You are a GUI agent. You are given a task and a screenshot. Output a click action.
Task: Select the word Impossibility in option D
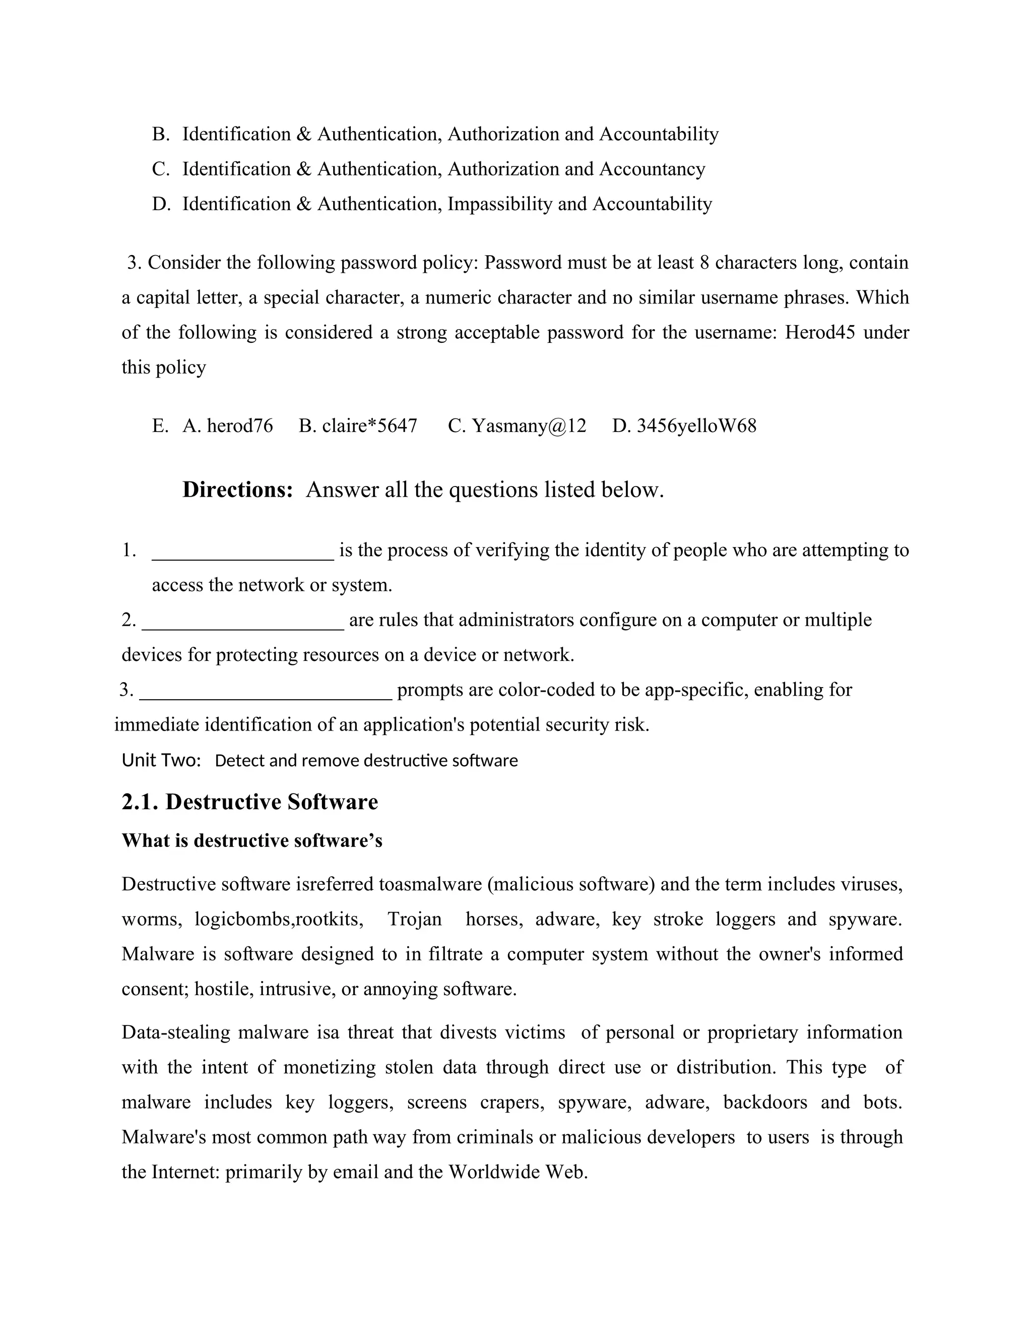(x=499, y=204)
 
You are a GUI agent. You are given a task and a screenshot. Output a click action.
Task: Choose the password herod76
(x=240, y=426)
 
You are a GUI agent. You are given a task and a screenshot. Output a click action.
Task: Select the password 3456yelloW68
(x=696, y=426)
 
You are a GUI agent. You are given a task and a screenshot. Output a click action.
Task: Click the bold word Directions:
(x=238, y=490)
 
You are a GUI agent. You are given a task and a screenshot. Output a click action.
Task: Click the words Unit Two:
(x=161, y=760)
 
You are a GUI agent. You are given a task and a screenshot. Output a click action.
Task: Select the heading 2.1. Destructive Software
(x=249, y=802)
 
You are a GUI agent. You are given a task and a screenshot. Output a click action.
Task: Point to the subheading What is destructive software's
(x=252, y=840)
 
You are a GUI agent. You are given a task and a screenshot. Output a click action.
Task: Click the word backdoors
(x=765, y=1102)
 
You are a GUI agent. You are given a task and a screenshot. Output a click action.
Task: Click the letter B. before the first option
(x=160, y=134)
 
